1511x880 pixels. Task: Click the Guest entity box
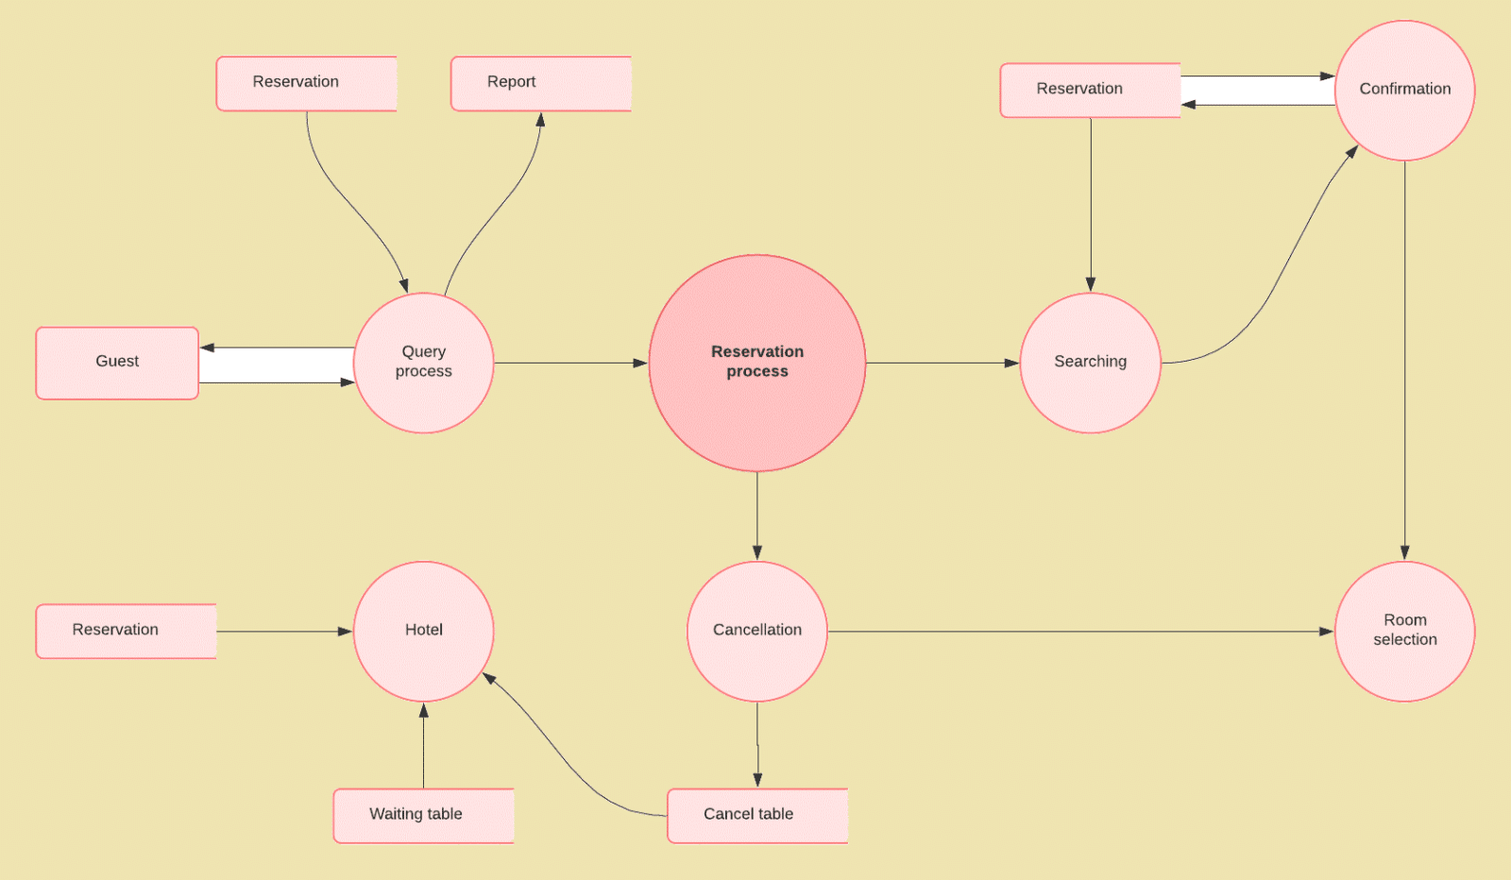click(x=117, y=363)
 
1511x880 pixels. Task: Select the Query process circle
click(x=423, y=363)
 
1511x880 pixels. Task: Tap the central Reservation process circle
click(x=756, y=363)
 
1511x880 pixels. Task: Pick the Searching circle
click(x=1090, y=363)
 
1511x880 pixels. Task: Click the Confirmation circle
click(x=1404, y=90)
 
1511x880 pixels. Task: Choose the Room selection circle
click(x=1404, y=631)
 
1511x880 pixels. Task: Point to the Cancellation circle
click(x=756, y=631)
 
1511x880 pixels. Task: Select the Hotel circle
click(x=423, y=631)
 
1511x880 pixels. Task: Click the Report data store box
click(x=540, y=83)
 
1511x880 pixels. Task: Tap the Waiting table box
click(x=423, y=815)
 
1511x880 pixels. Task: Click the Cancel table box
click(x=756, y=815)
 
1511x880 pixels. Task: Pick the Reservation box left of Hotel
click(x=126, y=631)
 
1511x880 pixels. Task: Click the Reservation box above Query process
click(x=306, y=83)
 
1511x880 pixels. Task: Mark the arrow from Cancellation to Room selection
click(x=1077, y=631)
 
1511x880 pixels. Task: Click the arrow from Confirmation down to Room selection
click(x=1404, y=359)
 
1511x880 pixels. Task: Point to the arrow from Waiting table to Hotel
click(x=423, y=746)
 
